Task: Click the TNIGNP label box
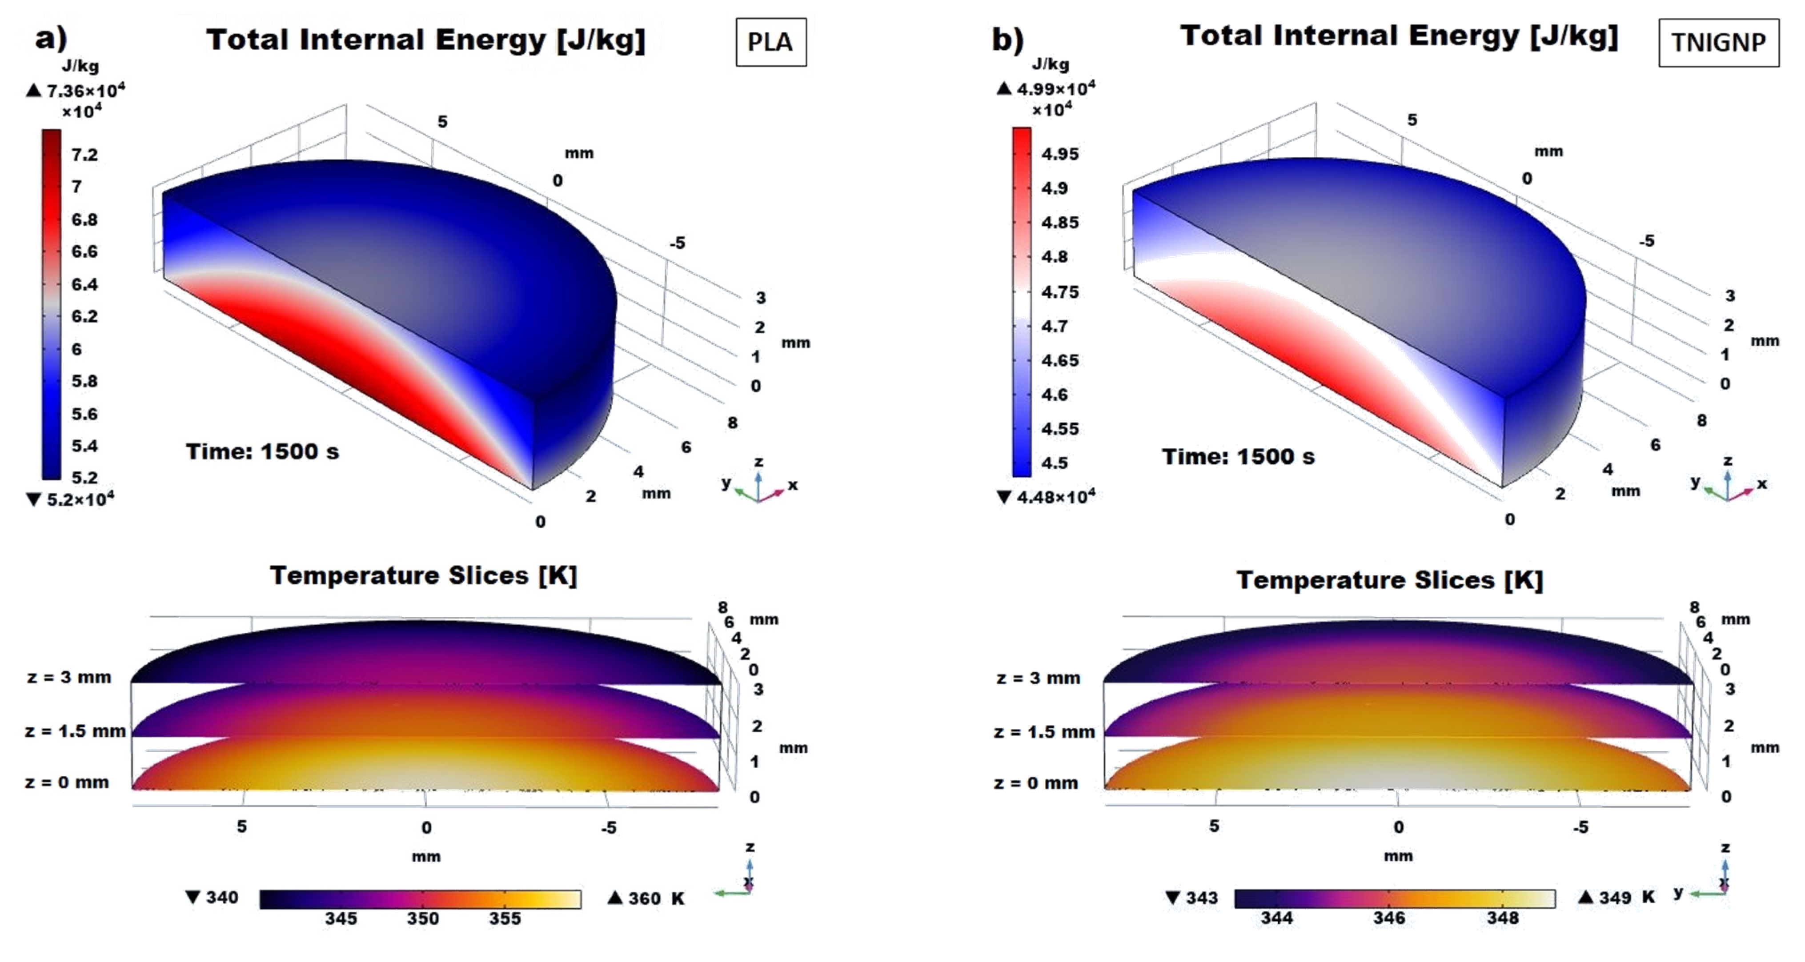1718,43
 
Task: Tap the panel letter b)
1007,39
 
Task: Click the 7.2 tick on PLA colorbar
84,155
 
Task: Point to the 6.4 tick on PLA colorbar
84,284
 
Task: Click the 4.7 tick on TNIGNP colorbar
1054,326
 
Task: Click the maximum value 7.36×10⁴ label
85,91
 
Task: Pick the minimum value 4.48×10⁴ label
1055,497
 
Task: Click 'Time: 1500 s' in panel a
262,451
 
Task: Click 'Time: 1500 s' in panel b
1238,456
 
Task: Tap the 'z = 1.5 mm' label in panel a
75,731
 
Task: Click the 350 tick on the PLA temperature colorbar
422,918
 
